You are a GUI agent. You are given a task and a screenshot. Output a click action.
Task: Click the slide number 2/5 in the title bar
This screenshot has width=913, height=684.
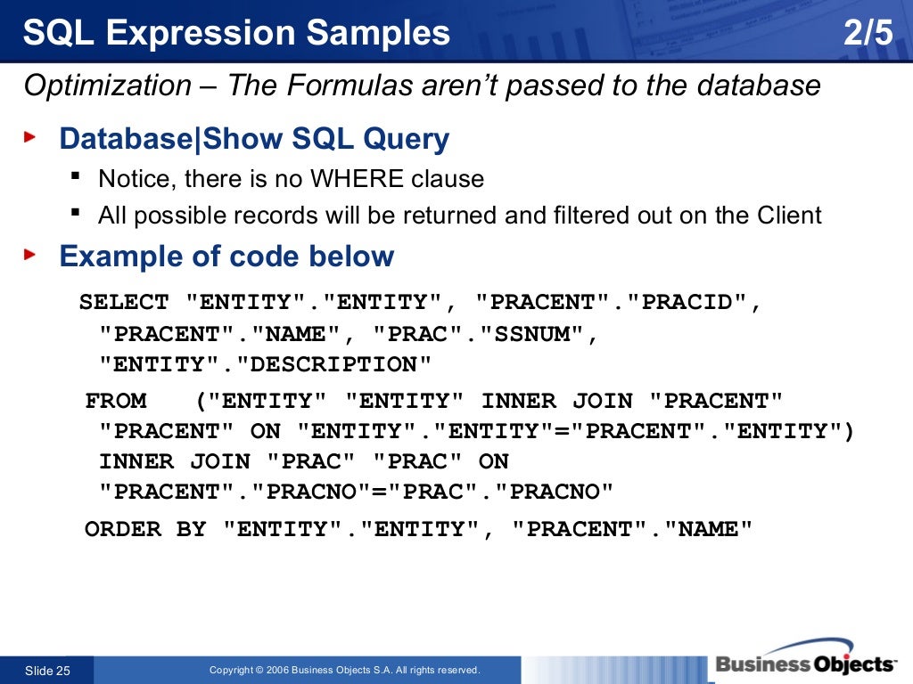(867, 34)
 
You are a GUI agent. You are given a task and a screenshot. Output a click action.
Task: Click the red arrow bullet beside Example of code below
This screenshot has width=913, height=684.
(30, 255)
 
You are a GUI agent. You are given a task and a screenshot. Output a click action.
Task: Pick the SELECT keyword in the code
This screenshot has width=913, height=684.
(124, 303)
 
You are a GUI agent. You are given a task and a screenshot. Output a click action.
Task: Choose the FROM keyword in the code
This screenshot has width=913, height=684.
(116, 401)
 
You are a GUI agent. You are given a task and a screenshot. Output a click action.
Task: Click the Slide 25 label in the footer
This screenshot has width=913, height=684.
(46, 671)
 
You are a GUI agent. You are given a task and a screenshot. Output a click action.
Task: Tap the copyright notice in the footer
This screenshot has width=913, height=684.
(344, 671)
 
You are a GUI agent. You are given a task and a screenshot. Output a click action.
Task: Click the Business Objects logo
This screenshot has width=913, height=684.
(804, 664)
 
